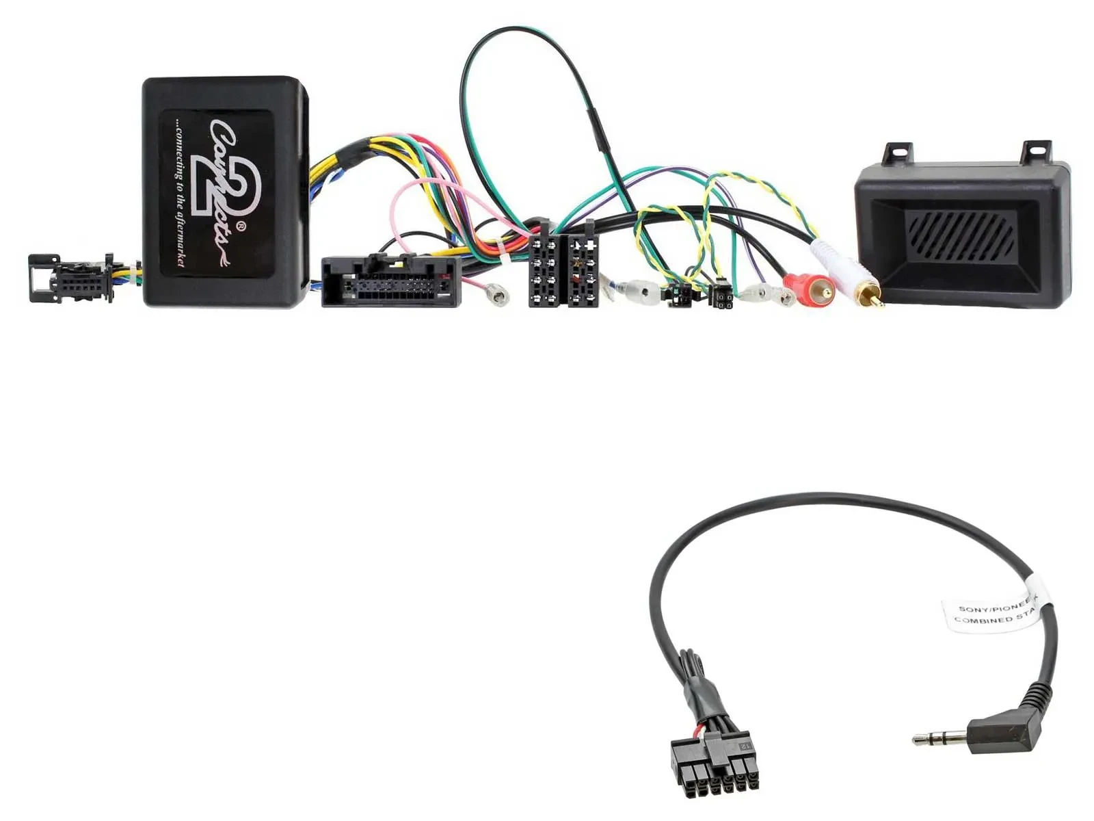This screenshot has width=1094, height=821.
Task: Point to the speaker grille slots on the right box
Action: [960, 233]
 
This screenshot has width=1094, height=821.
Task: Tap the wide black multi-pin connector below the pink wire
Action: [390, 281]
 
